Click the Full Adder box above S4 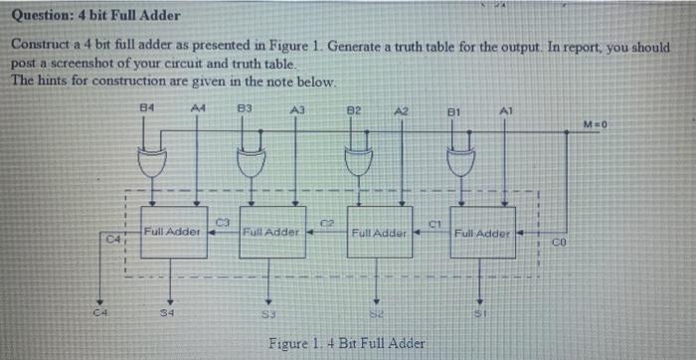click(173, 233)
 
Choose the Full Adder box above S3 click(271, 233)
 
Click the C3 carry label click(224, 218)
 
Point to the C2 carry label click(327, 218)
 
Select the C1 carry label click(434, 221)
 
